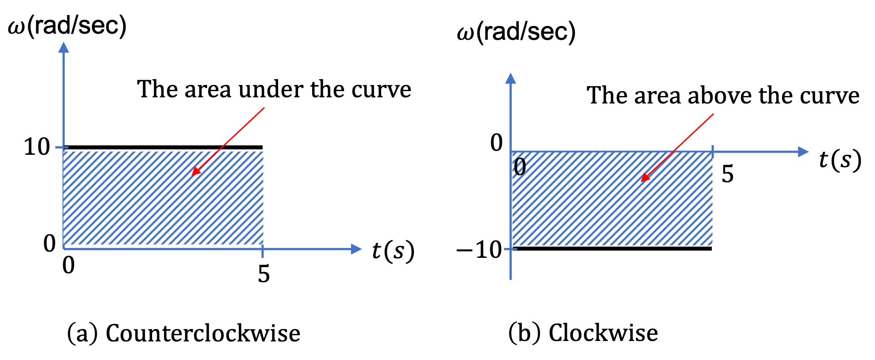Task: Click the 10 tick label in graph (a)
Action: pos(37,146)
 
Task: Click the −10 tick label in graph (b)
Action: pos(479,250)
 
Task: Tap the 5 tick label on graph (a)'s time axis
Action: pos(264,274)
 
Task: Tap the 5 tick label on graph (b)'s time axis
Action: pos(728,174)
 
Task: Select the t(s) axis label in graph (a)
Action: pos(393,251)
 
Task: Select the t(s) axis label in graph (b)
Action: pos(840,159)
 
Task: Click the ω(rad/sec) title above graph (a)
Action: pos(67,26)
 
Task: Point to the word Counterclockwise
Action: pos(203,333)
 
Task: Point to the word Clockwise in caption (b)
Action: pos(603,333)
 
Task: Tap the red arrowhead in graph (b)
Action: pos(645,177)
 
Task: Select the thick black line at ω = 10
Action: pos(163,147)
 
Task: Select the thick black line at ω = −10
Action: pos(612,249)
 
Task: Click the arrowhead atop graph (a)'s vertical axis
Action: pos(64,47)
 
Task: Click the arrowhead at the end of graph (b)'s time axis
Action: pos(803,152)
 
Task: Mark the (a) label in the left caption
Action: pos(82,333)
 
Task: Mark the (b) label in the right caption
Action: pos(524,333)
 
